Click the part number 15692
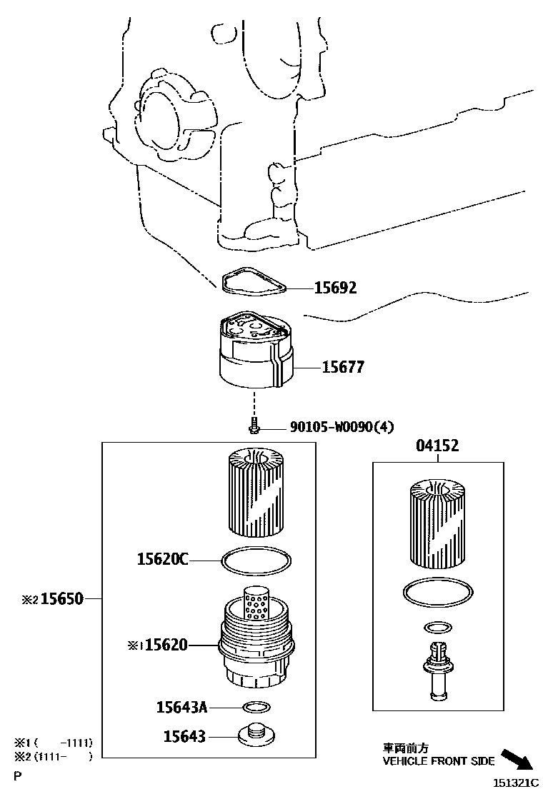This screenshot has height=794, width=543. click(335, 288)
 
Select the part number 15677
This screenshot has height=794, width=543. click(343, 367)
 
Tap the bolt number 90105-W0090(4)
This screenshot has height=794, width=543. click(342, 428)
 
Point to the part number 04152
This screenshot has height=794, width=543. click(437, 446)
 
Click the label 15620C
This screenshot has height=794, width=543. click(162, 560)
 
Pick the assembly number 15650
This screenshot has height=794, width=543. click(61, 598)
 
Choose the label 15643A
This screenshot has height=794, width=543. click(181, 707)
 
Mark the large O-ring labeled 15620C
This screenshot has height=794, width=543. click(256, 561)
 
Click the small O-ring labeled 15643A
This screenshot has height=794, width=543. click(256, 708)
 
